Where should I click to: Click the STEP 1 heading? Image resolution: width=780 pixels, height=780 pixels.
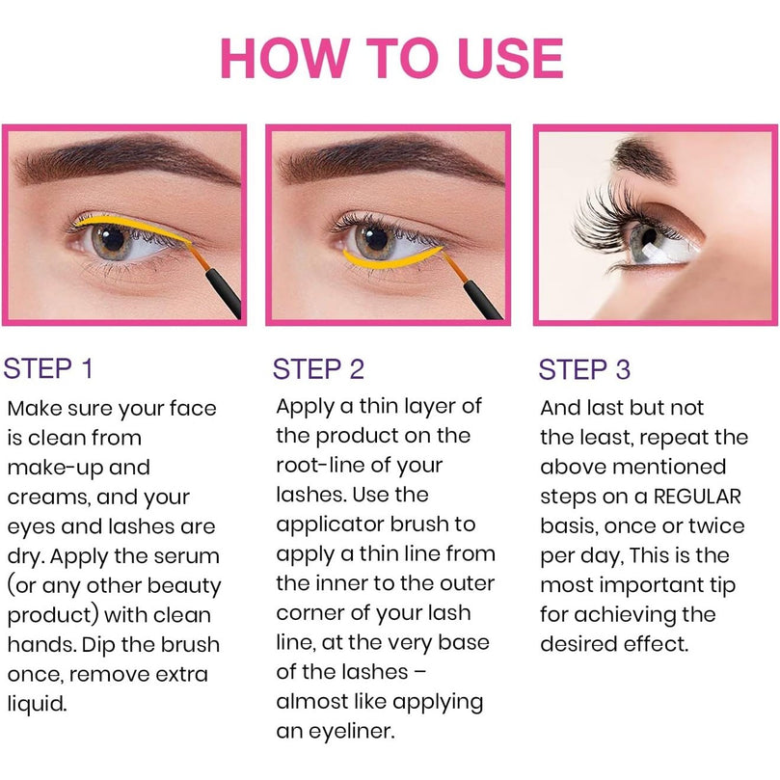48,368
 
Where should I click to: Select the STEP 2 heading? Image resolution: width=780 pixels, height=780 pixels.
318,369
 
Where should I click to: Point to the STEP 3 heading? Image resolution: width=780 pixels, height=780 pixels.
584,369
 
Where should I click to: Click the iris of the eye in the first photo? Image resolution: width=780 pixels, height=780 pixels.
112,241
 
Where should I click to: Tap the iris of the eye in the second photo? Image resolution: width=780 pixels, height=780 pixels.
376,241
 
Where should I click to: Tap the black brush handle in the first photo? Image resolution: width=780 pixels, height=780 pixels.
225,293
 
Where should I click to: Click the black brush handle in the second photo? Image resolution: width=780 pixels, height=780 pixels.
485,300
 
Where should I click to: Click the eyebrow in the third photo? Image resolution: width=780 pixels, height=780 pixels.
642,158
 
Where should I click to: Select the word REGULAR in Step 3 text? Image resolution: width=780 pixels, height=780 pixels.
697,497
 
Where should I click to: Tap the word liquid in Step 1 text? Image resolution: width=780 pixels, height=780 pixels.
37,704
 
